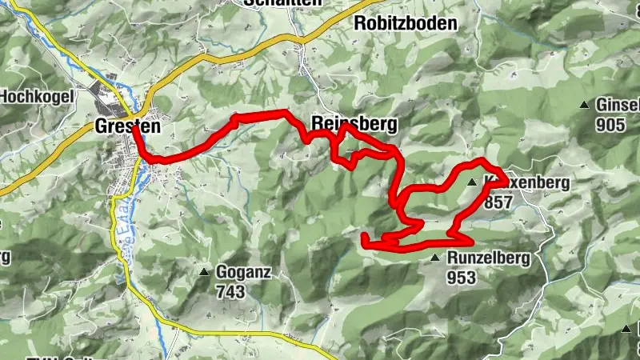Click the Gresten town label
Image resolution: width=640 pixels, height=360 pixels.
(127, 126)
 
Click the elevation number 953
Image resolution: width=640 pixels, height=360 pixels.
(462, 278)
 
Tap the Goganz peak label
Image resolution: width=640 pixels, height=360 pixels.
(244, 273)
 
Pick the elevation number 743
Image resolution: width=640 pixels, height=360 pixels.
(230, 292)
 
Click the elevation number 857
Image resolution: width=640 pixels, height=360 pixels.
(498, 202)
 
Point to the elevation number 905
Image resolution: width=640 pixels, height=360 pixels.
(610, 124)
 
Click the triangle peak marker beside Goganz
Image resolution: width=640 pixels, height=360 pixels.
(204, 273)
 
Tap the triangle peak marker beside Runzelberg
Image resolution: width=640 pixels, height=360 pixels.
(434, 258)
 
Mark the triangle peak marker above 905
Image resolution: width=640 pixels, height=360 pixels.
(585, 105)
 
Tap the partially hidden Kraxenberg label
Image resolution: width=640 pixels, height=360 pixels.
(528, 182)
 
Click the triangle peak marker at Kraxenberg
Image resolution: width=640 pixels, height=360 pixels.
(472, 182)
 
